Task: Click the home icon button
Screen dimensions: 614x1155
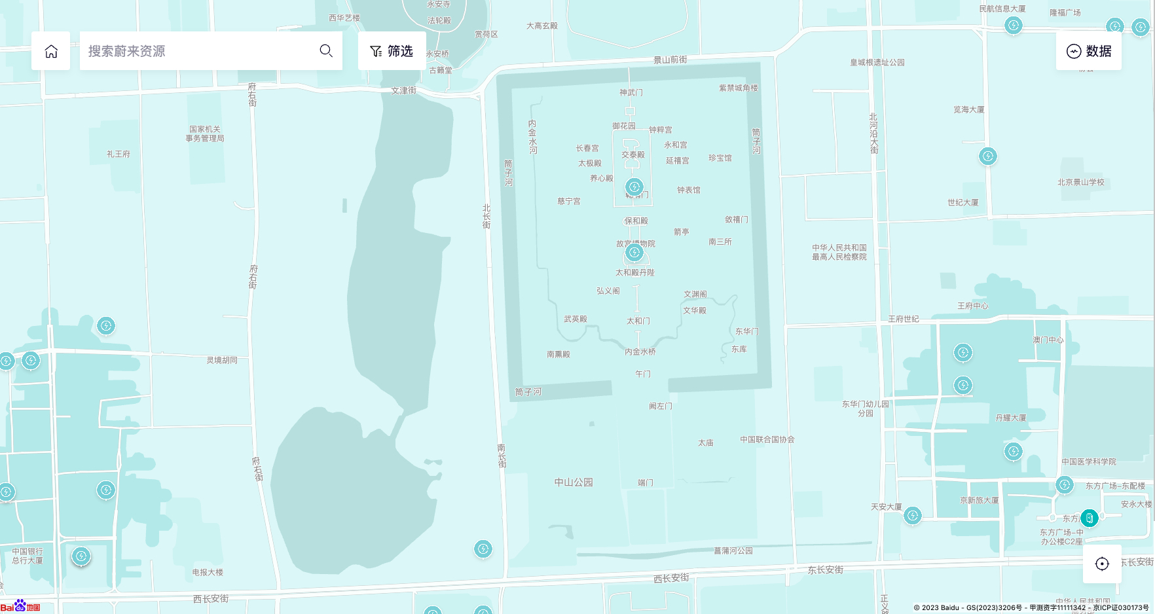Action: (51, 51)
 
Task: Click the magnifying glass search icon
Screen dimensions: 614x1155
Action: (326, 51)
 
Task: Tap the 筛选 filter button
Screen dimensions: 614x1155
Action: (392, 51)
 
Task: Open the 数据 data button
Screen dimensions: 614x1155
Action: (1088, 51)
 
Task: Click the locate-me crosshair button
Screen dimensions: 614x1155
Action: (1102, 564)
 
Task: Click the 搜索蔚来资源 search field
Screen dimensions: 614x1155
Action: (196, 51)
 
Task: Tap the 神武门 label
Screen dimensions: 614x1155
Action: (631, 93)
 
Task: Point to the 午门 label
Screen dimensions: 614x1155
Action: (643, 374)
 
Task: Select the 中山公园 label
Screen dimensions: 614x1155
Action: (574, 482)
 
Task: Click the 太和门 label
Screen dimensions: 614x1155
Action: (638, 321)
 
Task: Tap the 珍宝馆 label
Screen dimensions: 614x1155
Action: (720, 158)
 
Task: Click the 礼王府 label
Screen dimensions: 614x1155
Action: (119, 154)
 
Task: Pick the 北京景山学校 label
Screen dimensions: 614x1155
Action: (1081, 182)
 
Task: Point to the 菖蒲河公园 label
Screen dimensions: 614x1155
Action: (733, 551)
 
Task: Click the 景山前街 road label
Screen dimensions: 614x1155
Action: (670, 60)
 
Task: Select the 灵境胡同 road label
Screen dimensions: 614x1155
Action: (222, 360)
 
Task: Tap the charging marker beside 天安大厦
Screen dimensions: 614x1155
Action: (913, 516)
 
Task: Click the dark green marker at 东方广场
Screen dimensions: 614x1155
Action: (1090, 518)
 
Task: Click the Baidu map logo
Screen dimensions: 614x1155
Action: (20, 606)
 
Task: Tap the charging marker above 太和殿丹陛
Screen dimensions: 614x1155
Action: (634, 252)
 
